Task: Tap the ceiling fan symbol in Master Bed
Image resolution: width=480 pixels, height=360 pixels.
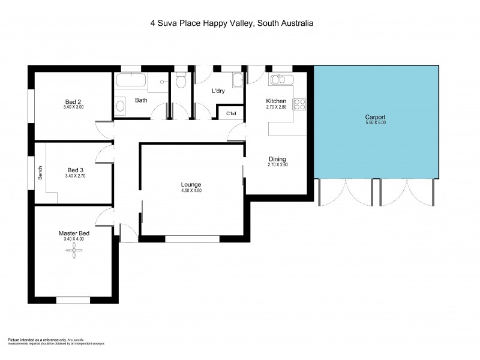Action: coord(74,254)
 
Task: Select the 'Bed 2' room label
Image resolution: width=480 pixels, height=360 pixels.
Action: coord(74,101)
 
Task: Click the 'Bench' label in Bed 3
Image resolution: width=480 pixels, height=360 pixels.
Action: coord(40,173)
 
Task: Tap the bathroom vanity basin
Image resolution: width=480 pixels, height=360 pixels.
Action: coord(119,107)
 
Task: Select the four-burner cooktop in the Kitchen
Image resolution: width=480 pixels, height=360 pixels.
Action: coord(299,104)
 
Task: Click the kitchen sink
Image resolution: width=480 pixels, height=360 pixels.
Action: coord(280,80)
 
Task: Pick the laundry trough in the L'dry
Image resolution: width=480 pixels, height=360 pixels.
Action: coord(237,80)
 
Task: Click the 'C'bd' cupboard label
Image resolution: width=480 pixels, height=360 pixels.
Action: coord(230,113)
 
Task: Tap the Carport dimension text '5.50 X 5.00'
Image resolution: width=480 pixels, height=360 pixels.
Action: coord(375,123)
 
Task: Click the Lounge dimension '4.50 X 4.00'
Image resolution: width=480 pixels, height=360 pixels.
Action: coord(191,190)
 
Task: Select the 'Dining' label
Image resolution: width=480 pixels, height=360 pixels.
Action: coord(277,158)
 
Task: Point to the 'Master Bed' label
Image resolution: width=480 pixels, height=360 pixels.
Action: coord(74,233)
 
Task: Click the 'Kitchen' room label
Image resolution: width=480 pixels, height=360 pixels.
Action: coord(276,101)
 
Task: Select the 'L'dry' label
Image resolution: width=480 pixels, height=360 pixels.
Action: coord(218,91)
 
